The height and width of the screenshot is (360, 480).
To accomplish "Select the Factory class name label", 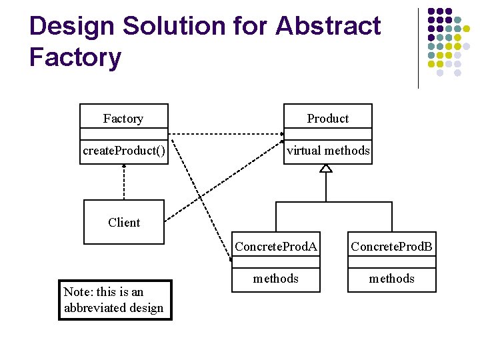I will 123,119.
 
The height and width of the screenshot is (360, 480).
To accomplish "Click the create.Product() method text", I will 124,151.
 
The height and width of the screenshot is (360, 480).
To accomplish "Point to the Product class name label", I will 327,119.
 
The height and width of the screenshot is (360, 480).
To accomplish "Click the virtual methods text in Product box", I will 327,151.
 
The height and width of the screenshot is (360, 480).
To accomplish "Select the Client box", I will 124,222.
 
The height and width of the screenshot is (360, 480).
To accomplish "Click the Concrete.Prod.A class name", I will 276,247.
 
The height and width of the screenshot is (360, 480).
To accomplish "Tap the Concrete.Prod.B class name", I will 392,247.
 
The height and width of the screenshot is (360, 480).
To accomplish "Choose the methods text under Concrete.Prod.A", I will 276,279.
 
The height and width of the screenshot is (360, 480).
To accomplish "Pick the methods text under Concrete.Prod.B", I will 392,279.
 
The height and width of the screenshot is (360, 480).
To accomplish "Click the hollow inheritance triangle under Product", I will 325,168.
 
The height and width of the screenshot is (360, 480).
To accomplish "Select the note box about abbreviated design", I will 115,300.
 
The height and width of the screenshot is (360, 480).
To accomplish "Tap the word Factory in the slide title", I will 75,57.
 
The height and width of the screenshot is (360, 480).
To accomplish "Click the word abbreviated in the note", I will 94,308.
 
